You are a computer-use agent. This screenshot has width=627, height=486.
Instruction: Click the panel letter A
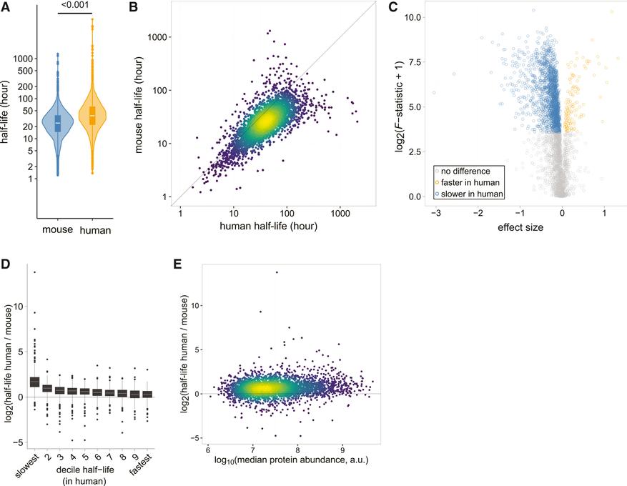5,6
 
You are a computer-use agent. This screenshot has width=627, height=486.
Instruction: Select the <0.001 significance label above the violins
75,5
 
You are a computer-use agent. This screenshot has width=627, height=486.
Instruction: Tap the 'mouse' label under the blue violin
58,229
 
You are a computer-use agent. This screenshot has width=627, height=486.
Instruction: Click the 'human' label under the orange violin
95,230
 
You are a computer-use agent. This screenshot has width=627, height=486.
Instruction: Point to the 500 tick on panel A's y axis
26,71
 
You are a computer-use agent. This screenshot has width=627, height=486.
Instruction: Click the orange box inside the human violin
92,116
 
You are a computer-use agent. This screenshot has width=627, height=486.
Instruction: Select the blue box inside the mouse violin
58,124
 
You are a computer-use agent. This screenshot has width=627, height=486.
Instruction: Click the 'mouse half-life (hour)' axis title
139,105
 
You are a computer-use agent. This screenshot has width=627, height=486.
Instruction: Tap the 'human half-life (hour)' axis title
268,227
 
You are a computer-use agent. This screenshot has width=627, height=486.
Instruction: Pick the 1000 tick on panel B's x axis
340,213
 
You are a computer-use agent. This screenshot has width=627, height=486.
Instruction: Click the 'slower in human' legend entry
469,194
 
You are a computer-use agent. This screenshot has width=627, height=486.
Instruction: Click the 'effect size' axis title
520,227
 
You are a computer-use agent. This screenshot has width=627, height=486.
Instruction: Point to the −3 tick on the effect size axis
436,213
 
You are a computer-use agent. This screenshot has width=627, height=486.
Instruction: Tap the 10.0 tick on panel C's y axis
413,17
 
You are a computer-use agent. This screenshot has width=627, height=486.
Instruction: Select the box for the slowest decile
35,382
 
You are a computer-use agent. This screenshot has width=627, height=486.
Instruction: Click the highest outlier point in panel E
276,272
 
